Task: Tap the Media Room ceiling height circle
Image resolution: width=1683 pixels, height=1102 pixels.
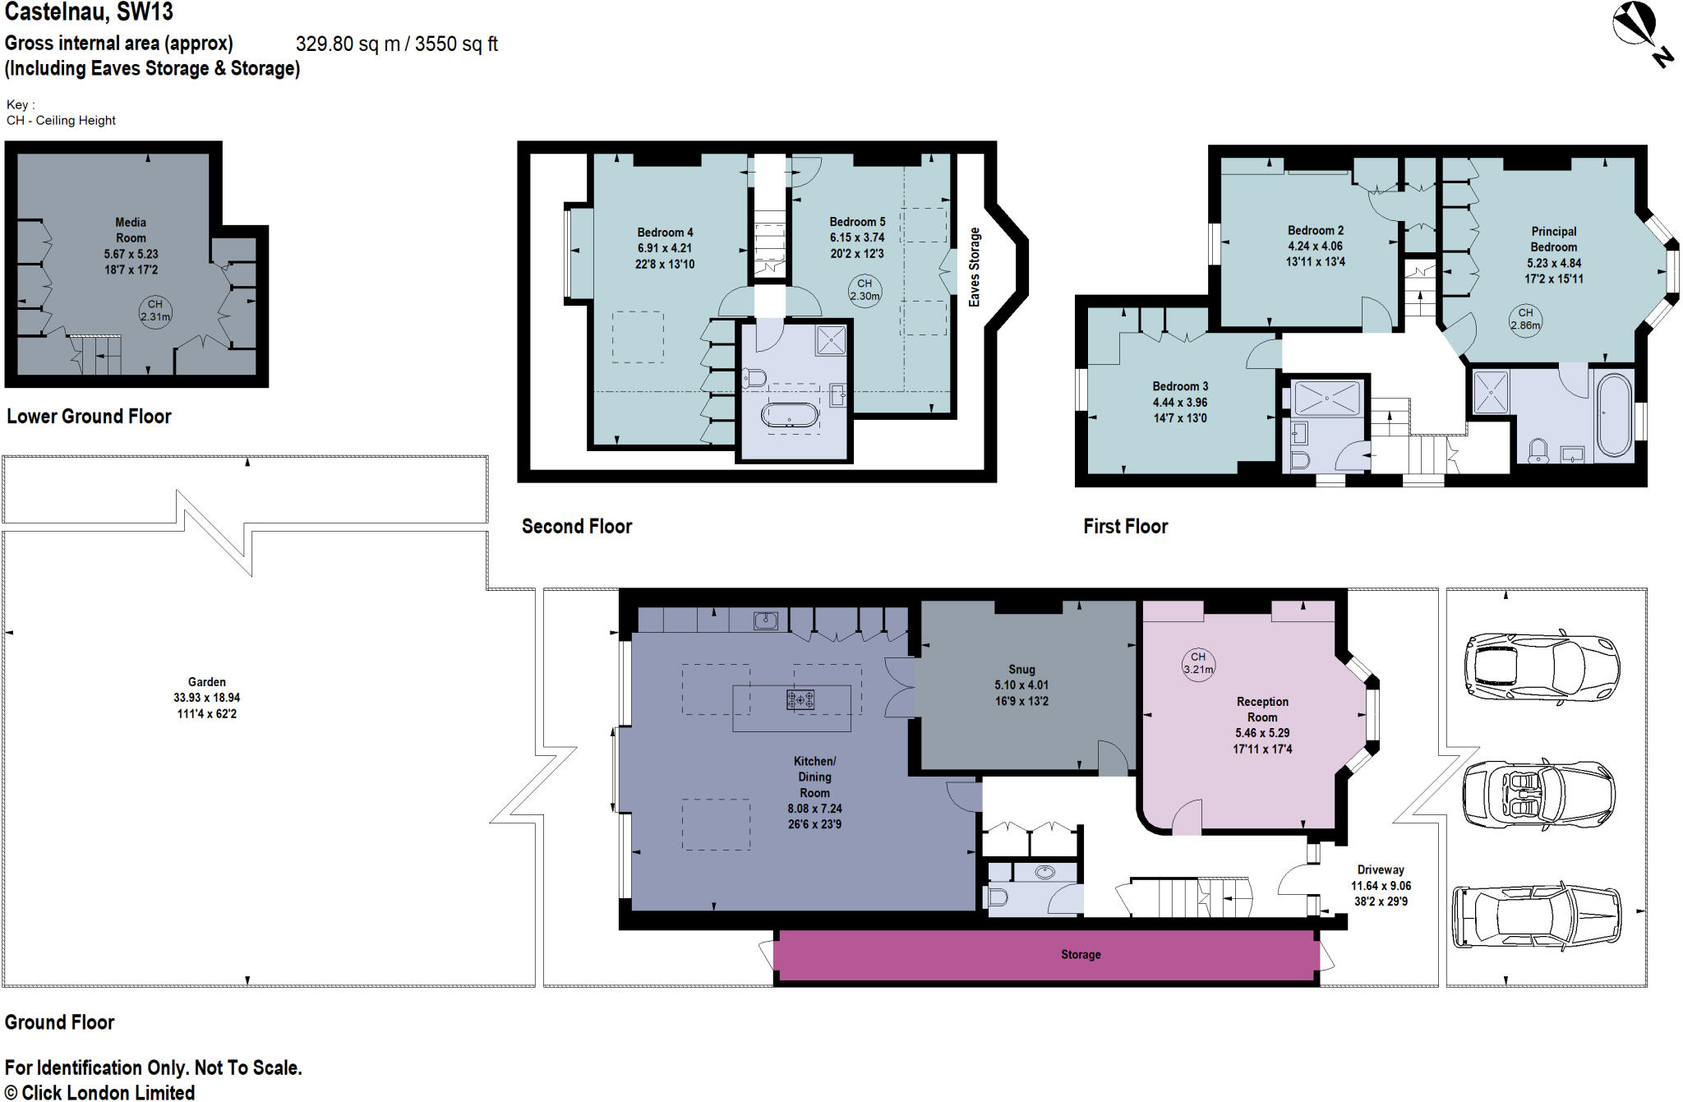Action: (x=155, y=311)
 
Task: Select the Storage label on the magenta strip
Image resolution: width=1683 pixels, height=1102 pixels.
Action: (x=1080, y=954)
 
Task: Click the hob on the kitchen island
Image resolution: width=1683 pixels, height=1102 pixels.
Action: (x=800, y=699)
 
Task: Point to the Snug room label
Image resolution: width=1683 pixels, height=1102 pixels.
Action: (x=1021, y=669)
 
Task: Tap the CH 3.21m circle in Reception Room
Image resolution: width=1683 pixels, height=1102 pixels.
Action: (x=1198, y=663)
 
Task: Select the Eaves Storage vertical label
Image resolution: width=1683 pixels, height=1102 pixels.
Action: (x=975, y=267)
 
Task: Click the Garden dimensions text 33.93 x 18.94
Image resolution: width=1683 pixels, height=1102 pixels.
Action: (x=206, y=698)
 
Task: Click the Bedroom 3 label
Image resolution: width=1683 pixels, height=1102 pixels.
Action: (x=1180, y=386)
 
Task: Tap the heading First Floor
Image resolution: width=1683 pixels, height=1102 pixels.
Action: (x=1125, y=526)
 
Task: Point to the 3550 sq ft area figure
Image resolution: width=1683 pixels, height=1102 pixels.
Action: (x=456, y=44)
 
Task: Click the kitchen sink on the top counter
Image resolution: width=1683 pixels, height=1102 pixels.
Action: (x=766, y=620)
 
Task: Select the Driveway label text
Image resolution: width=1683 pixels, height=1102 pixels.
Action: (x=1381, y=869)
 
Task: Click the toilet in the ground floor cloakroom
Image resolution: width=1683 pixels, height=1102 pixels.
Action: (x=996, y=896)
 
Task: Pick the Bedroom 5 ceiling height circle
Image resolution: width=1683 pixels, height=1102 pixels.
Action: (x=865, y=290)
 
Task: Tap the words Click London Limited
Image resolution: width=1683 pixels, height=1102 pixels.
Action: (x=108, y=1092)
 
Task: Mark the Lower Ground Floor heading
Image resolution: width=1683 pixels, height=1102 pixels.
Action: (x=89, y=416)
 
